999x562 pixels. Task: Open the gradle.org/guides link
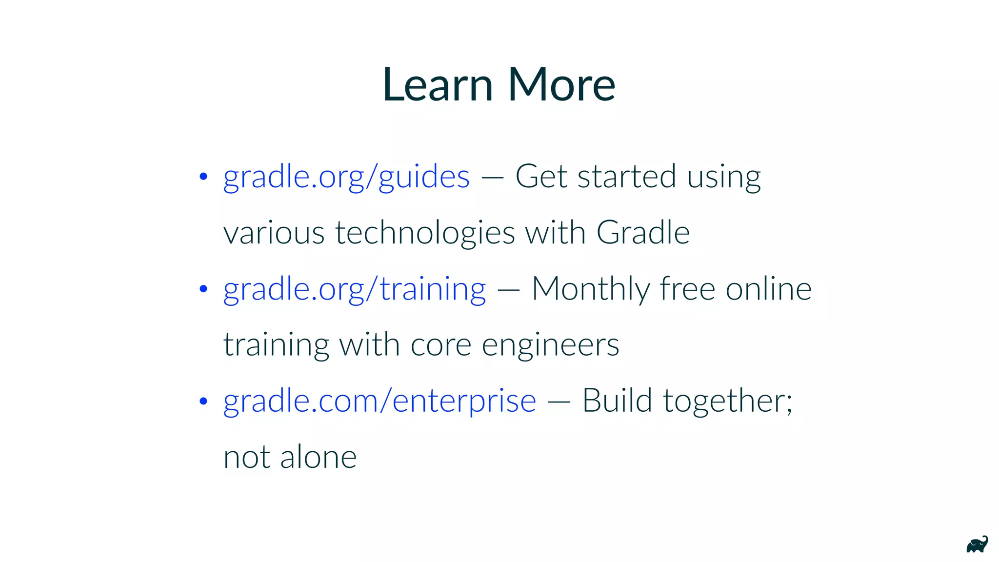[x=346, y=177]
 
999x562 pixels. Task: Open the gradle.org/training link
[x=355, y=289]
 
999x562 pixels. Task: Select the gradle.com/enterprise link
[x=380, y=401]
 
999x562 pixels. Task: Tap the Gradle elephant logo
[x=977, y=544]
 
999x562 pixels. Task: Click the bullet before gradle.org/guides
[x=204, y=177]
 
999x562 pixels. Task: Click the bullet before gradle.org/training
[x=204, y=289]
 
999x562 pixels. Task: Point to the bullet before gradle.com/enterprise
[x=204, y=401]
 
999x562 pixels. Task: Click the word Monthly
[x=590, y=289]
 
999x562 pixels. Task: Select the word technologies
[x=424, y=233]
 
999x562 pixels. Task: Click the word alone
[x=318, y=457]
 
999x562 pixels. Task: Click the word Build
[x=617, y=401]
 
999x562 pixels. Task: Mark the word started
[x=627, y=177]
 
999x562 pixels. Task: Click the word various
[x=274, y=233]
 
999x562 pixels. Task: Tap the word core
[x=441, y=345]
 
